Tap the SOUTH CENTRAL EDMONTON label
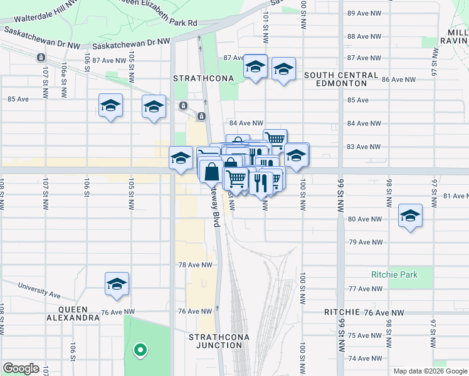point(341,79)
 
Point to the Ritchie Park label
point(394,274)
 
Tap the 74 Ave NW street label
point(364,358)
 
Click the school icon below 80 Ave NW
point(410,216)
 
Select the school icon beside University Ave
point(117,285)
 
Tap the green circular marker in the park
point(140,350)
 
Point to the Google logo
point(21,368)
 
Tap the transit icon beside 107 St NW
point(40,58)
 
